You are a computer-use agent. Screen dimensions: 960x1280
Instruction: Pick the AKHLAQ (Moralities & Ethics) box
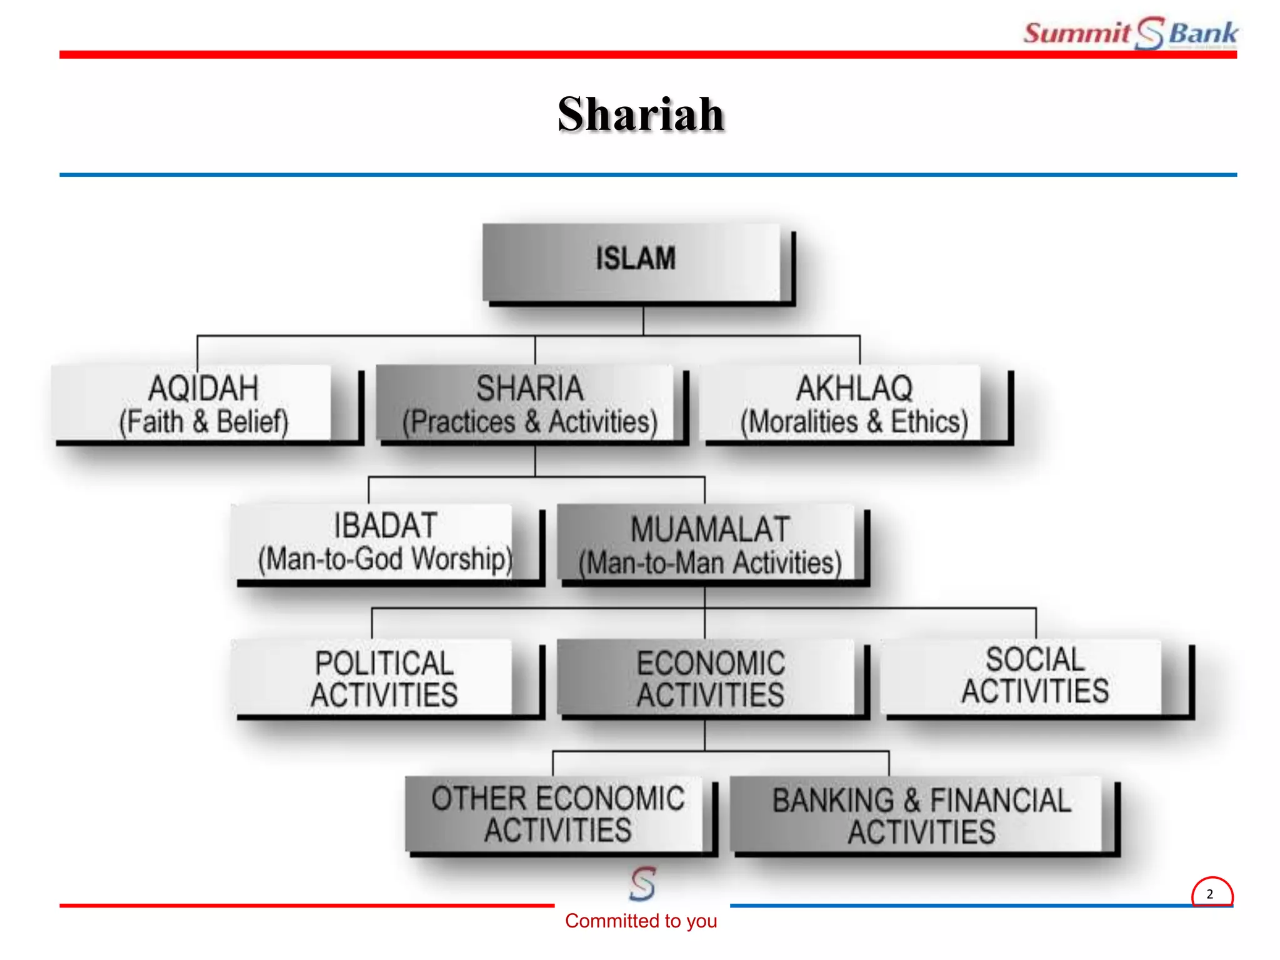pyautogui.click(x=854, y=404)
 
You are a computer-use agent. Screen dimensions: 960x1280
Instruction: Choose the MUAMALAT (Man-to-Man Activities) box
pyautogui.click(x=709, y=545)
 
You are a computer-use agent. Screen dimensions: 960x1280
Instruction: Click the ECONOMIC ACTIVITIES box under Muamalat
pyautogui.click(x=709, y=679)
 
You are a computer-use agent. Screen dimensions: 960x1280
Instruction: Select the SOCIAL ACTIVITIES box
pyautogui.click(x=1034, y=676)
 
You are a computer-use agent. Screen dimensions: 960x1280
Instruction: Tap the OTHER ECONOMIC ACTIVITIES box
pyautogui.click(x=557, y=814)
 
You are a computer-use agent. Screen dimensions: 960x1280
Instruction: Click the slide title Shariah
pyautogui.click(x=640, y=114)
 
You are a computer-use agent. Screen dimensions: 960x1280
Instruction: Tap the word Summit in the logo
pyautogui.click(x=1076, y=32)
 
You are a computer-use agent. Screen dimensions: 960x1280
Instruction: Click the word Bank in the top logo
pyautogui.click(x=1202, y=32)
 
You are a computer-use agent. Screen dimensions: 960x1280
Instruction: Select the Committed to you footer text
pyautogui.click(x=641, y=921)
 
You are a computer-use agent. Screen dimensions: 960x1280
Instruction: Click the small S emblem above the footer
pyautogui.click(x=642, y=883)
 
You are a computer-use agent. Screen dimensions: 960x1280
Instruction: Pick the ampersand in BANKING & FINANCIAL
pyautogui.click(x=912, y=801)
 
